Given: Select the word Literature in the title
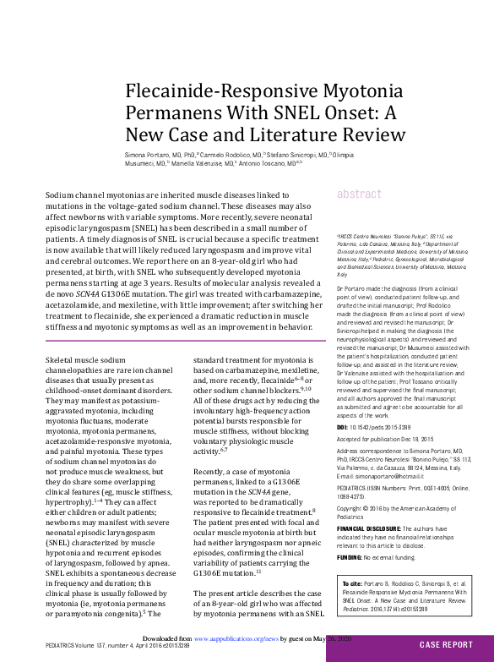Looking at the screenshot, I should [x=320, y=134].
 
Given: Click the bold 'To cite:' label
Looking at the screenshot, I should [x=353, y=584].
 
